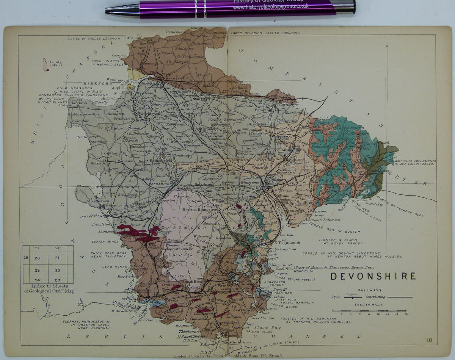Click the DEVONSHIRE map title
[373, 276]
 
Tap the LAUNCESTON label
[91, 216]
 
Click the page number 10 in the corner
[429, 340]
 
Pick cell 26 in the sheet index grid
[37, 258]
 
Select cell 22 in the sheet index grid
[58, 271]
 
